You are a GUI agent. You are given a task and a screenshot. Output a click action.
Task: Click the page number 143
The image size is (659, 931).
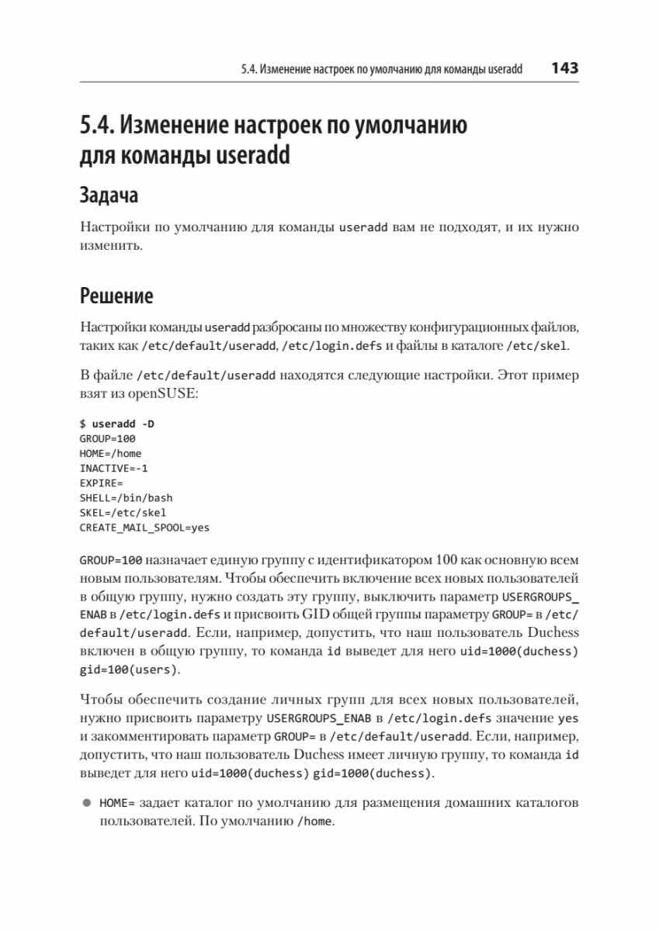pos(564,68)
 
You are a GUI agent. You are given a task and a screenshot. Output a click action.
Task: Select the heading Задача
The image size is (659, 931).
pos(109,195)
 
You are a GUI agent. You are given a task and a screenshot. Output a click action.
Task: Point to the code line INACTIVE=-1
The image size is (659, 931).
pos(113,468)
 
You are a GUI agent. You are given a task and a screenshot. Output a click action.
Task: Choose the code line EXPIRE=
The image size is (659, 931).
pos(102,483)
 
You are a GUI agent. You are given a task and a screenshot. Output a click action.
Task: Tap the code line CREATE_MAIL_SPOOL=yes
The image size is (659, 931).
pos(144,527)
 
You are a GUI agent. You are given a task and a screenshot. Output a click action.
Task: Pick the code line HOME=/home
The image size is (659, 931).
pos(110,453)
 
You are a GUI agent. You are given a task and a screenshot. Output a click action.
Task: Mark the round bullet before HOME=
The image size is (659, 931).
pos(86,803)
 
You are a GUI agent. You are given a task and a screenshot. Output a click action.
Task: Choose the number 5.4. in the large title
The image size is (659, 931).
pos(98,124)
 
